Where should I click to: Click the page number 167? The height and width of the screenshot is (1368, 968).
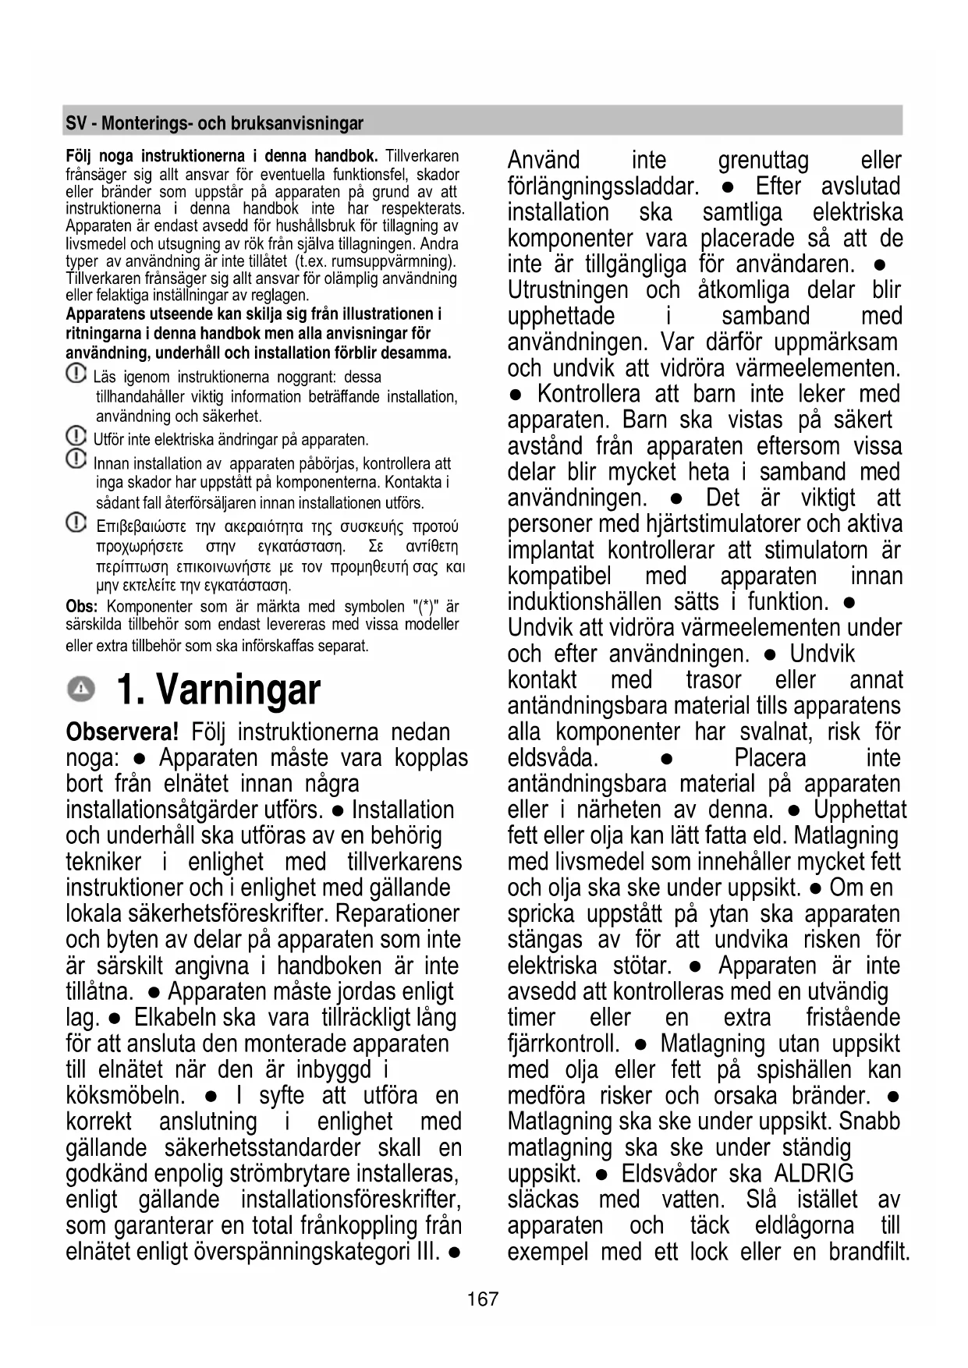(x=483, y=1299)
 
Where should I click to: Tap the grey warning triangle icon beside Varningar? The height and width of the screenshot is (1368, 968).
(x=80, y=688)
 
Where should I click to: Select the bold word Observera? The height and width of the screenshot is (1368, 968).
(x=122, y=732)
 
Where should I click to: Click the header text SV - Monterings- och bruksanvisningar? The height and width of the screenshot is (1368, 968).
(x=215, y=123)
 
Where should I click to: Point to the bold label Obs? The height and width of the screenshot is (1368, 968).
(x=81, y=607)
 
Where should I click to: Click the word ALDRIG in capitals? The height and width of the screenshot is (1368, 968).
(x=814, y=1174)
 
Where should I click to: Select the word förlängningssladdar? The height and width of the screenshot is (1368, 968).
(x=602, y=186)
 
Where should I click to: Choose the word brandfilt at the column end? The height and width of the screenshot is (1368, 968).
(x=868, y=1252)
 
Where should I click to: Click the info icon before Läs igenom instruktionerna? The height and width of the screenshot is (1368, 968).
(x=76, y=374)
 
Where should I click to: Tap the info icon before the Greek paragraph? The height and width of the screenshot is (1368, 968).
(x=76, y=522)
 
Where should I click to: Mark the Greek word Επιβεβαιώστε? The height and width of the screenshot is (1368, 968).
(x=140, y=527)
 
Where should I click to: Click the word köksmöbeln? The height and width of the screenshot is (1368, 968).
(x=126, y=1096)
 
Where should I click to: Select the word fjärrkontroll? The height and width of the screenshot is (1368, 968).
(x=562, y=1044)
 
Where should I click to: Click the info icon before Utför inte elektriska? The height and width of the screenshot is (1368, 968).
(x=76, y=435)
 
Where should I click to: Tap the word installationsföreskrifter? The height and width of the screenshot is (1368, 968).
(x=350, y=1200)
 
